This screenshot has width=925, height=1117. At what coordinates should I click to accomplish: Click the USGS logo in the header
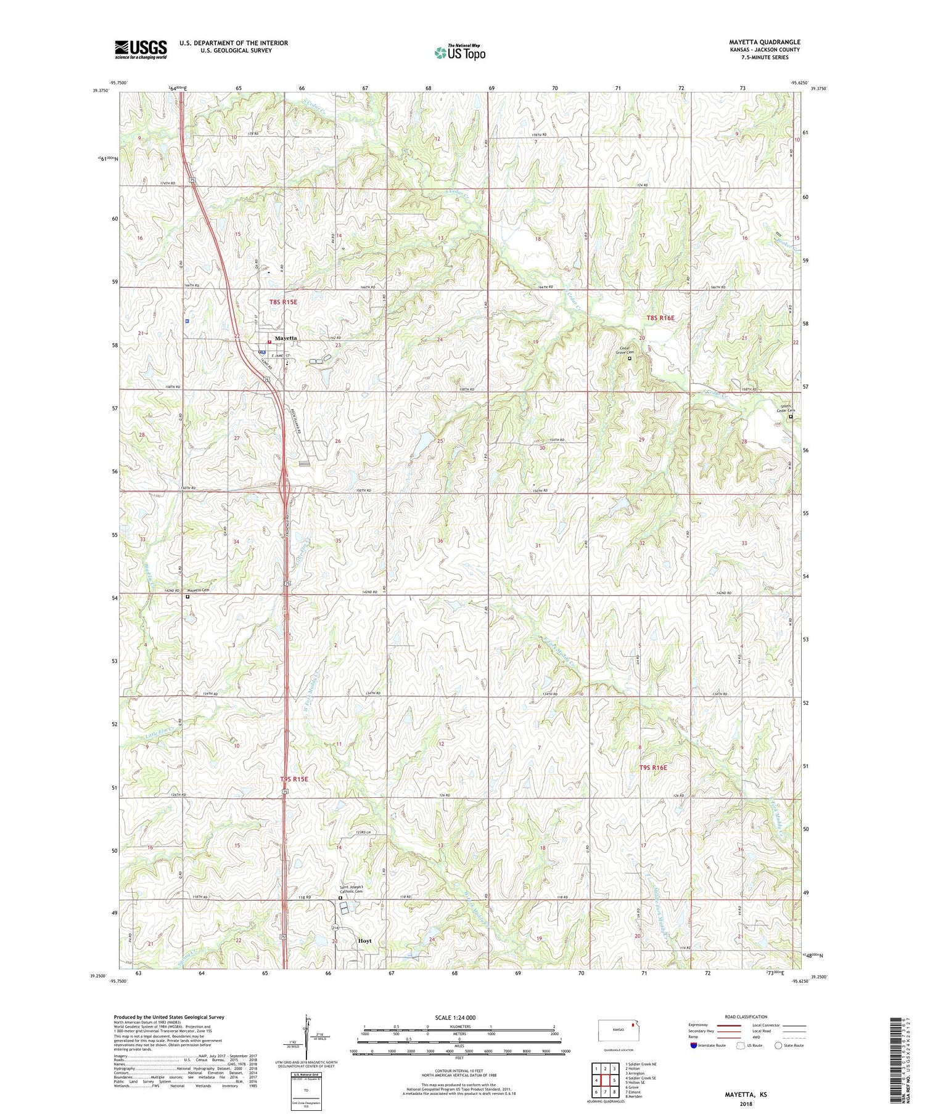[x=141, y=49]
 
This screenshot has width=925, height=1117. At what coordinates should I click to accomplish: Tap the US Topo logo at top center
[x=460, y=53]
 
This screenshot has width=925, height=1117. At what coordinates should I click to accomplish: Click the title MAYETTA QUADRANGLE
[x=765, y=42]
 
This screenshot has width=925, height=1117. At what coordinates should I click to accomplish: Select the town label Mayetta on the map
[x=286, y=338]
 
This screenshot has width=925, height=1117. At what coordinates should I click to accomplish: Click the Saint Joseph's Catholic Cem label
[x=353, y=890]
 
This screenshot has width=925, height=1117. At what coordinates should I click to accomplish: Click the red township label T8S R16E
[x=660, y=318]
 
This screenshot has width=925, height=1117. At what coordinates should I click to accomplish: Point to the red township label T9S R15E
[x=294, y=779]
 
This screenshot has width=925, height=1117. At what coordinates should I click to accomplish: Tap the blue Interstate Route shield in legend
[x=694, y=1046]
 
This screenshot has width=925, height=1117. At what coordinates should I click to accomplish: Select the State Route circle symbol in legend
[x=779, y=1045]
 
